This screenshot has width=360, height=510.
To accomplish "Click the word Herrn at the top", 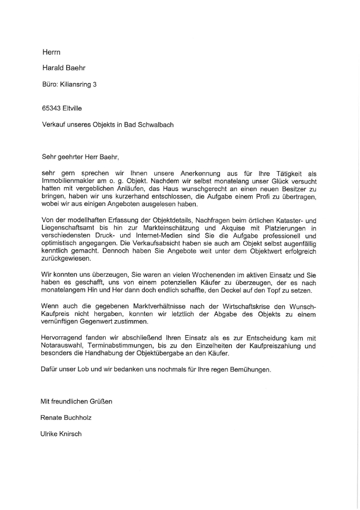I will point(52,52).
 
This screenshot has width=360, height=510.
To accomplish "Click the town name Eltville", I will point(74,108).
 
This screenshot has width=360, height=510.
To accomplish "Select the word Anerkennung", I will point(203,174).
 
